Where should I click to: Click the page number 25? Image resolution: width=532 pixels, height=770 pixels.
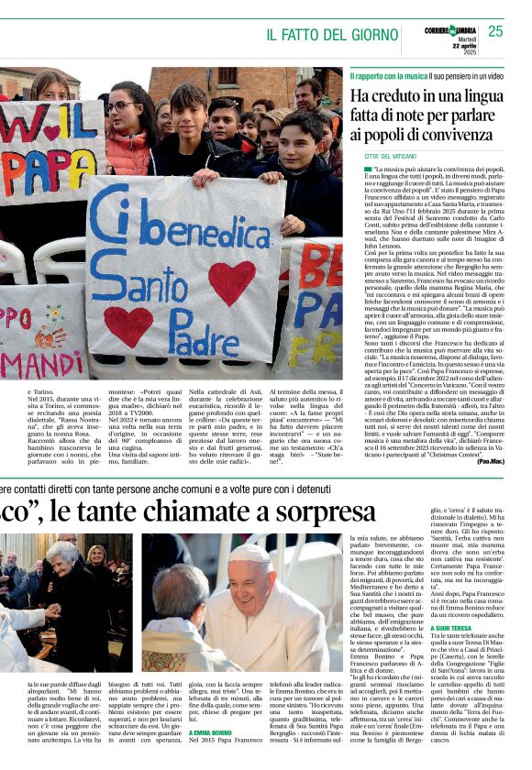coord(495,31)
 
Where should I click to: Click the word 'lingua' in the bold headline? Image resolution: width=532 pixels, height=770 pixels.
coord(493,95)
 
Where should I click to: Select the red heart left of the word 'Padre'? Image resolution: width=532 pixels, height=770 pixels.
coord(127,325)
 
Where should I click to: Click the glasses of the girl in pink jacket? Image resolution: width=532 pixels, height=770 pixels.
coord(121,106)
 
